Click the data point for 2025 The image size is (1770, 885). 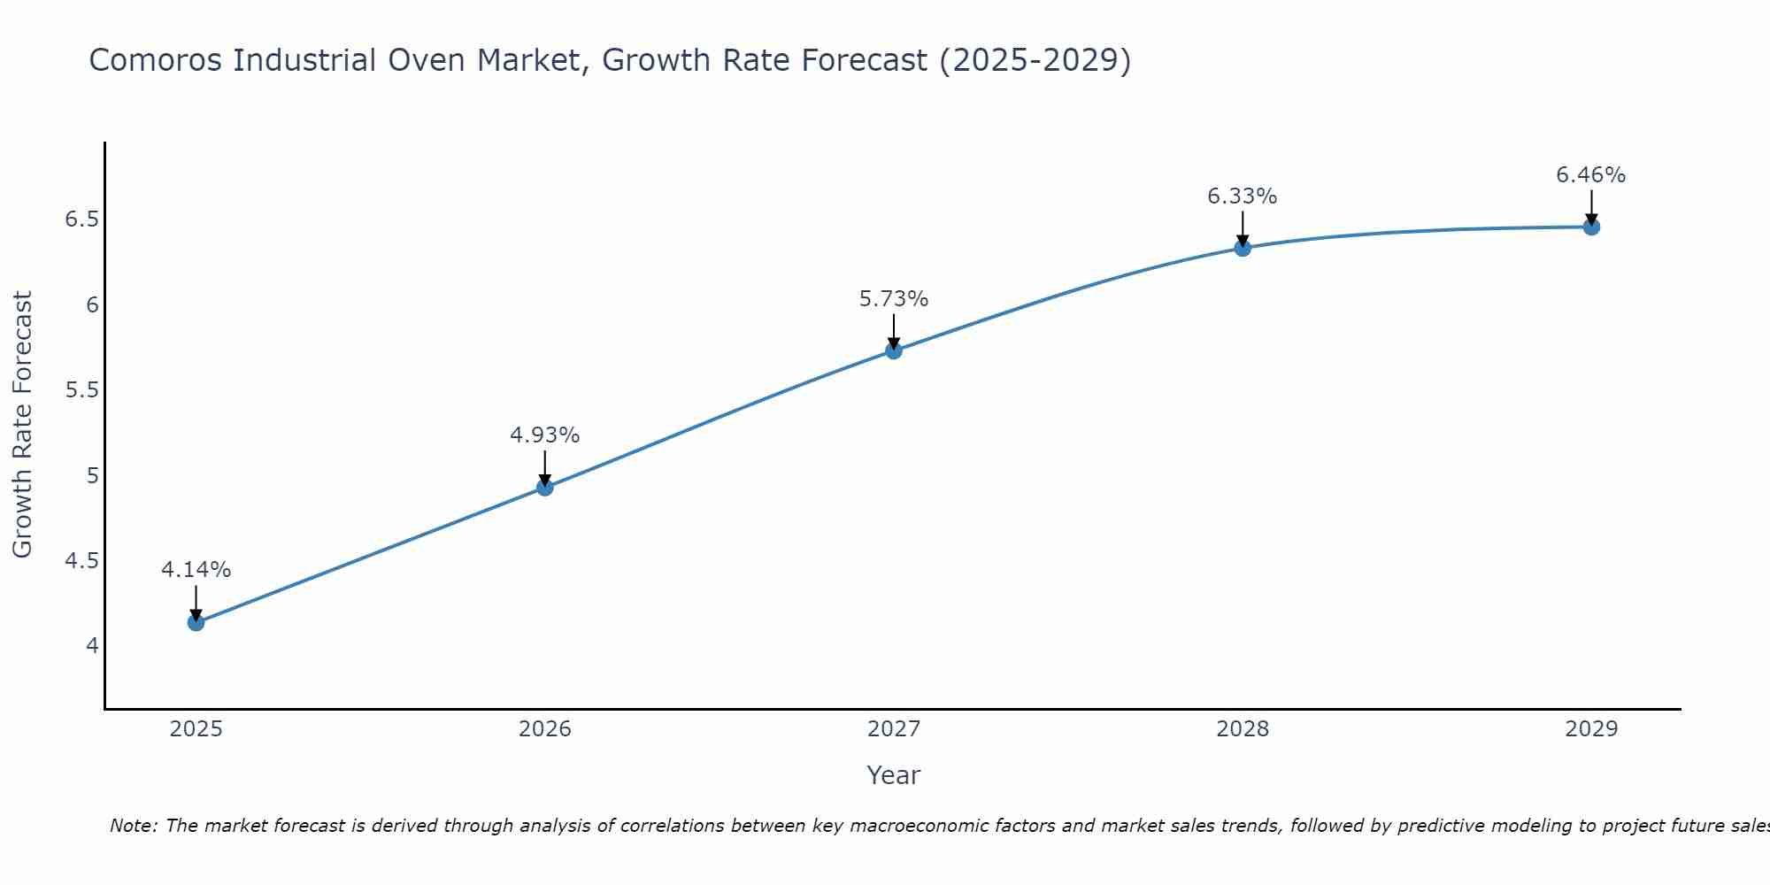point(196,622)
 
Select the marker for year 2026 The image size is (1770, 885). point(544,487)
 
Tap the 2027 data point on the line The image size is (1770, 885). point(893,350)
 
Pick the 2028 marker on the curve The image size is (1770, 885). point(1242,248)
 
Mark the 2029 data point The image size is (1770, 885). point(1590,227)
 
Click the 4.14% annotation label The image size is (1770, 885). point(196,570)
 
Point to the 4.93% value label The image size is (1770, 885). point(544,435)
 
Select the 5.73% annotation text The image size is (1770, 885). point(893,299)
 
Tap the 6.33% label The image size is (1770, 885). point(1242,196)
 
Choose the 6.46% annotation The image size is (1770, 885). point(1590,175)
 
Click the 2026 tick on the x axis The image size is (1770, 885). point(544,729)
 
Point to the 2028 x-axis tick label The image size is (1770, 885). point(1242,729)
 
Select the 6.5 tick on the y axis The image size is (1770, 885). point(81,219)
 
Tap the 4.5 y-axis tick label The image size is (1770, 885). point(81,561)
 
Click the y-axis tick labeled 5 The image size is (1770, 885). point(92,476)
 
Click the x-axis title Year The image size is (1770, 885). point(893,775)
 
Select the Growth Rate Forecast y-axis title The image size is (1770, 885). point(22,425)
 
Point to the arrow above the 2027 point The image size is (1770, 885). point(893,331)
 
